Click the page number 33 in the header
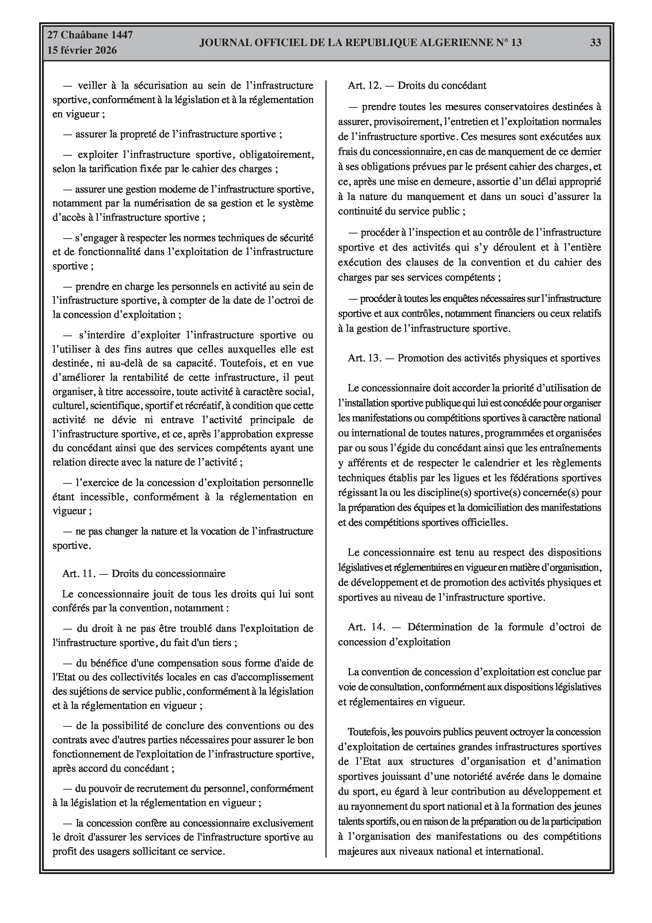(595, 43)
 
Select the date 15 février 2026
(82, 50)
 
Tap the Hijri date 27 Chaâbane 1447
(90, 35)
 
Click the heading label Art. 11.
(79, 574)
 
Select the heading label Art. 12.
(364, 86)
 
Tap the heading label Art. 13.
(364, 358)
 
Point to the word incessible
(103, 497)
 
